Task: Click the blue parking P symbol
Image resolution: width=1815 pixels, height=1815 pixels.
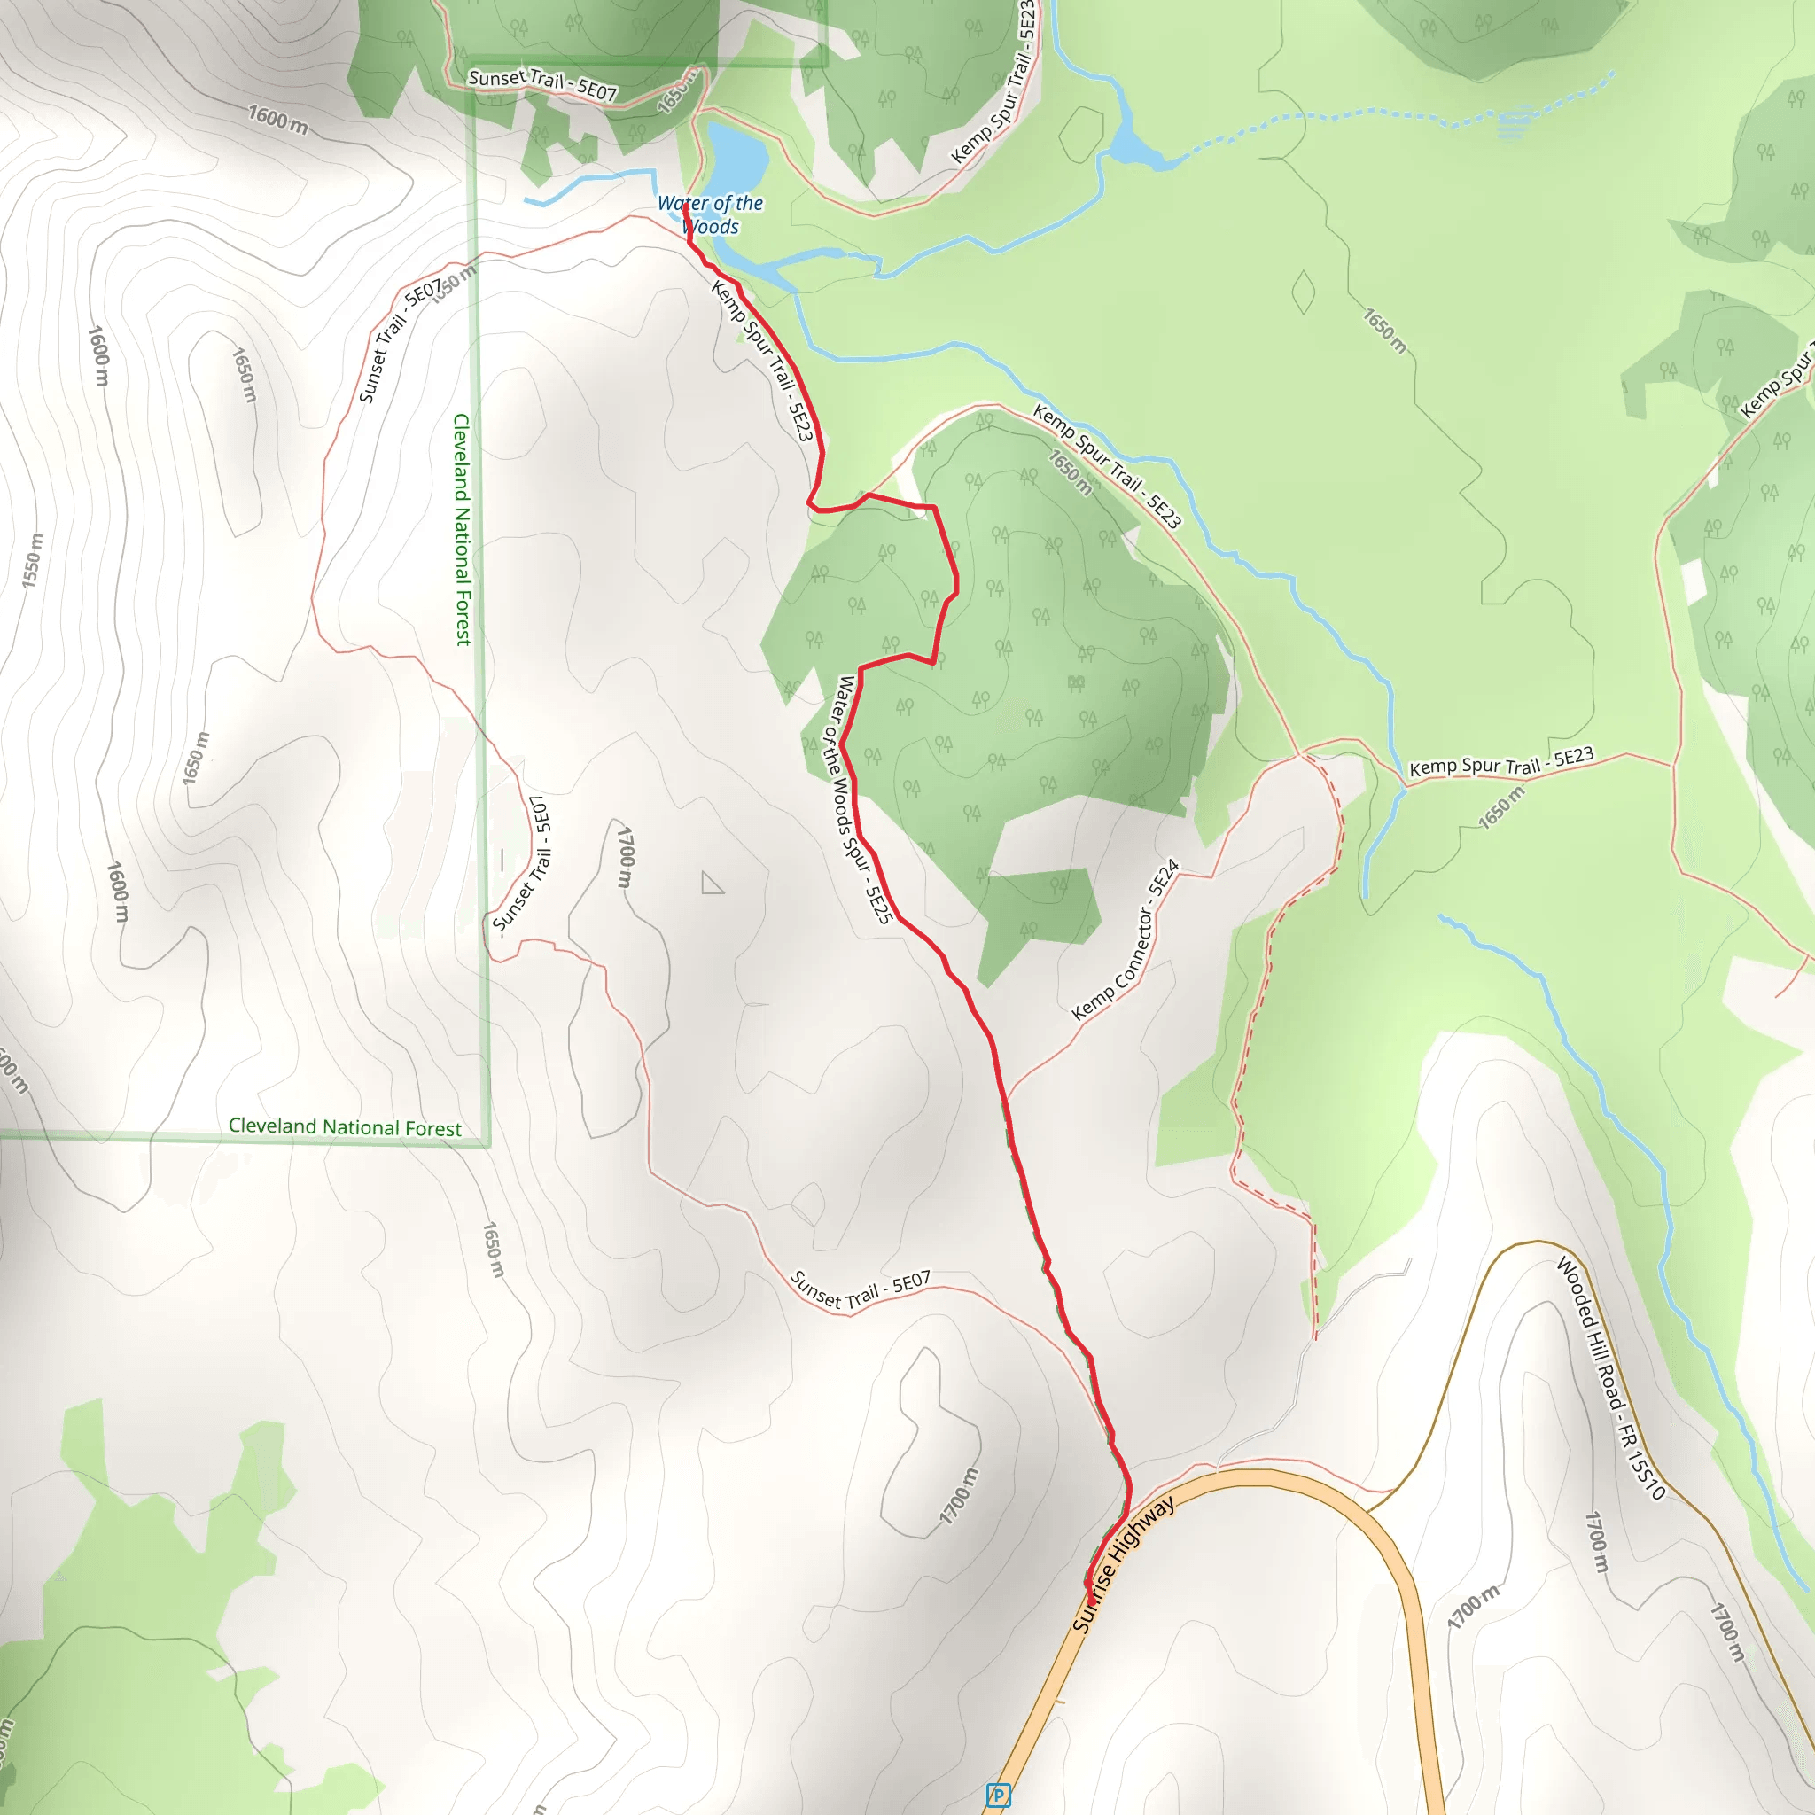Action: tap(999, 1796)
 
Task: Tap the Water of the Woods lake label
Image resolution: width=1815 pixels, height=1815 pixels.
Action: tap(710, 214)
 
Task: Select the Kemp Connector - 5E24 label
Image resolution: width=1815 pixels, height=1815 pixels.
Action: tap(1125, 939)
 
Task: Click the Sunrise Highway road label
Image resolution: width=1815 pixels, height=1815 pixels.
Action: tap(1123, 1565)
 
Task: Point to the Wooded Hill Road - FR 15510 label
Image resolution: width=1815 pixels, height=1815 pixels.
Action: tap(1610, 1377)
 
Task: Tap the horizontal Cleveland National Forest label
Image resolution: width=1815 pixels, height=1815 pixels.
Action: tap(345, 1127)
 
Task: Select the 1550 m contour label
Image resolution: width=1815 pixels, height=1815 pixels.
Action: tap(33, 561)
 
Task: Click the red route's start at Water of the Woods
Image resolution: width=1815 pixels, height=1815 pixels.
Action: tap(685, 207)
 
